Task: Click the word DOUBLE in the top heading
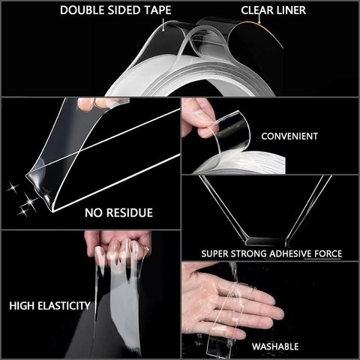pyautogui.click(x=79, y=10)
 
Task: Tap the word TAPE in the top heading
pyautogui.click(x=158, y=10)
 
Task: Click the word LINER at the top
pyautogui.click(x=289, y=10)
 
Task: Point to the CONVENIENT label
pyautogui.click(x=289, y=136)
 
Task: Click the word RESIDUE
pyautogui.click(x=129, y=213)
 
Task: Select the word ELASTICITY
pyautogui.click(x=64, y=306)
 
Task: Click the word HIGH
pyautogui.click(x=22, y=306)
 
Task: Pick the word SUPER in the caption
pyautogui.click(x=214, y=253)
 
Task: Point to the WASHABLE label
pyautogui.click(x=275, y=346)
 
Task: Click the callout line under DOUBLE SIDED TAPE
pyautogui.click(x=163, y=24)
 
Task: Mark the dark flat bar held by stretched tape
pyautogui.click(x=265, y=241)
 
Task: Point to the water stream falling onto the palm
pyautogui.click(x=233, y=271)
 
